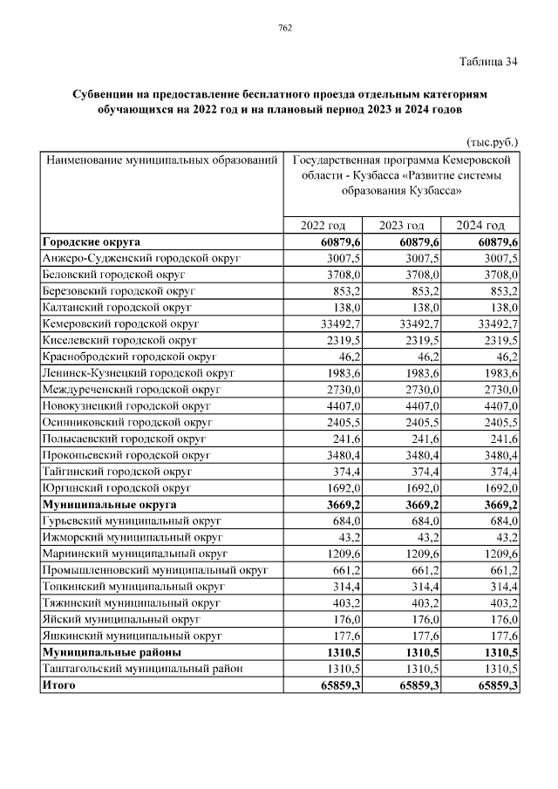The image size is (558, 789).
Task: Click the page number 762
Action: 284,28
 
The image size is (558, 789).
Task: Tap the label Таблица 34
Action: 487,62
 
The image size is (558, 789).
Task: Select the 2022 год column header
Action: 323,225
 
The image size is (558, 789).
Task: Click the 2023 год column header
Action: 402,225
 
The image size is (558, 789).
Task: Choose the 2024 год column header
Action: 481,225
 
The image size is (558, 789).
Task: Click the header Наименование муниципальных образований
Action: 162,161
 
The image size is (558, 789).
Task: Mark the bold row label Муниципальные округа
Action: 109,505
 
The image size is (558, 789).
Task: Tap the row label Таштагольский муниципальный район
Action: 141,669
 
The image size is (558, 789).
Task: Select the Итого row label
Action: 58,685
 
